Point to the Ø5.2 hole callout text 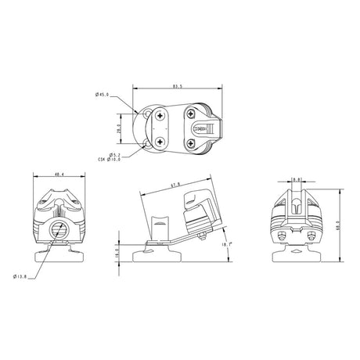[x=115, y=154]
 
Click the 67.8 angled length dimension [x=176, y=185]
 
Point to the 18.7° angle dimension [x=227, y=245]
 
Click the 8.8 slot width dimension [x=297, y=180]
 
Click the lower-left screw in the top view [x=160, y=142]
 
